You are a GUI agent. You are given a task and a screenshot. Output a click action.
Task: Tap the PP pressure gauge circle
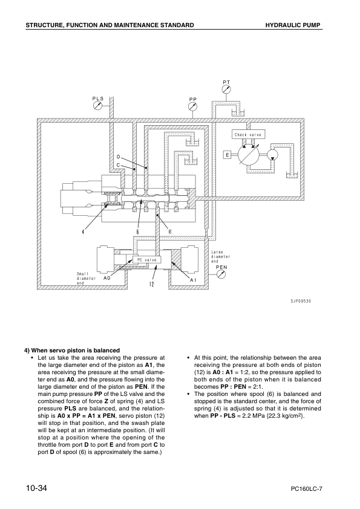[x=192, y=106]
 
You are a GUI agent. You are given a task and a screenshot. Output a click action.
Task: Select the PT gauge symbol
[x=226, y=88]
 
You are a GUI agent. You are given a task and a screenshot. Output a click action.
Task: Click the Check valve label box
[x=249, y=134]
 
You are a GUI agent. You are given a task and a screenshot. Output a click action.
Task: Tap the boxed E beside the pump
[x=226, y=155]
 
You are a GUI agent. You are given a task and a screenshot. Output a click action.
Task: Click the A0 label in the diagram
[x=106, y=279]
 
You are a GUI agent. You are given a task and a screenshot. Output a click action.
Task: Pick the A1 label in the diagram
[x=193, y=280]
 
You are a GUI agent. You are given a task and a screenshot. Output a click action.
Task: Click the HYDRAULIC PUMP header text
[x=293, y=25]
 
